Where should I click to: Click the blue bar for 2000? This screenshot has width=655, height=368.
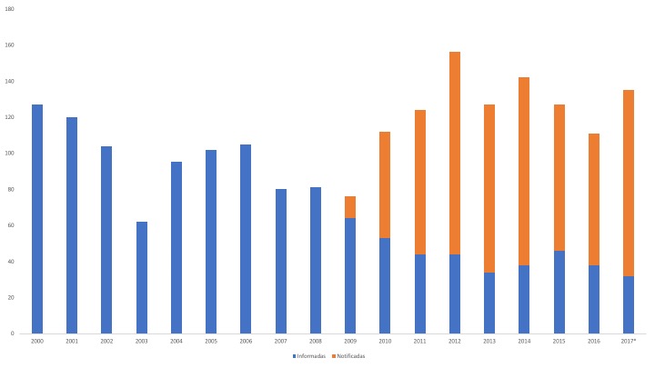coord(37,219)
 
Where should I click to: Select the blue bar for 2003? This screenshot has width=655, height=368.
coord(142,277)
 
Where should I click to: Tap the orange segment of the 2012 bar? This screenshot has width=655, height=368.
coord(455,153)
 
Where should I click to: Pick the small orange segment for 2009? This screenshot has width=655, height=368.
coord(350,207)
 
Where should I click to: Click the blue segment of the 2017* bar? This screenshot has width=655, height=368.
coord(629,304)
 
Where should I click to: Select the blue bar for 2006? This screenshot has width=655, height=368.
coord(246,239)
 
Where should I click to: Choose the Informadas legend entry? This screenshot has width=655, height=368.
coord(311,355)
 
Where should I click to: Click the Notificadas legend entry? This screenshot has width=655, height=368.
coord(348,355)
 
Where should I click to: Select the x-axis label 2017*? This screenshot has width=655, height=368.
coord(629,342)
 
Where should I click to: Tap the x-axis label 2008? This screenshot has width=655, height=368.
coord(316,342)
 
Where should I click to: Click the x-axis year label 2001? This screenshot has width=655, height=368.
coord(72,342)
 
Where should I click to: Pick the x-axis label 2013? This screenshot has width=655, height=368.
coord(489,342)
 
